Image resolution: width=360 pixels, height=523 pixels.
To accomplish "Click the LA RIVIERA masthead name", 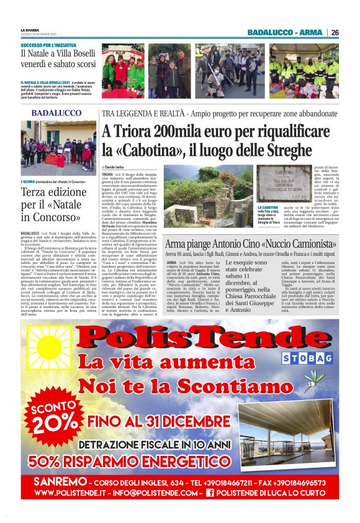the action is [29, 30].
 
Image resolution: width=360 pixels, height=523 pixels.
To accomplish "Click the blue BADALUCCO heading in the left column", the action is [56, 113].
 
